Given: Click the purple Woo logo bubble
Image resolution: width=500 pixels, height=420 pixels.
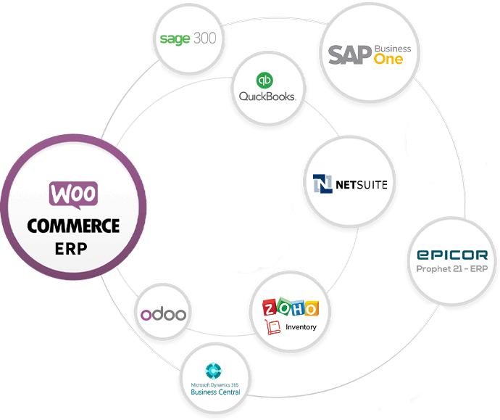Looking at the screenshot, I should pyautogui.click(x=72, y=194).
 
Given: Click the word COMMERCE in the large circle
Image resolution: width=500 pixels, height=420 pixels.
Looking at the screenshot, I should pyautogui.click(x=72, y=226).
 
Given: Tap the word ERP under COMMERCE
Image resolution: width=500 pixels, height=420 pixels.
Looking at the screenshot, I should pyautogui.click(x=71, y=249).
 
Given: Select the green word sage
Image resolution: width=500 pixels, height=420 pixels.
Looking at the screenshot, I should pyautogui.click(x=176, y=38).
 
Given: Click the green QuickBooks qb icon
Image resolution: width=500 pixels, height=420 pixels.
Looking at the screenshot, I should pyautogui.click(x=262, y=80).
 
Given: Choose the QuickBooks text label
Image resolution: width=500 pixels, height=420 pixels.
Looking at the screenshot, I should pyautogui.click(x=262, y=96).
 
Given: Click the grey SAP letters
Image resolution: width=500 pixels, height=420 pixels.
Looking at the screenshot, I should pyautogui.click(x=349, y=55).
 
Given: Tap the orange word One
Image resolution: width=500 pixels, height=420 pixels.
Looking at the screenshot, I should pyautogui.click(x=388, y=59).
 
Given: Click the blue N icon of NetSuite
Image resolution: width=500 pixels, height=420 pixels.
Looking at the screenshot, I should pyautogui.click(x=322, y=184).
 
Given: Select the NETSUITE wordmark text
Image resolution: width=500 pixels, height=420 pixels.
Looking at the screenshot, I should pyautogui.click(x=361, y=185).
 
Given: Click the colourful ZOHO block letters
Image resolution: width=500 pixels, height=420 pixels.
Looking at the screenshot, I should pyautogui.click(x=291, y=308).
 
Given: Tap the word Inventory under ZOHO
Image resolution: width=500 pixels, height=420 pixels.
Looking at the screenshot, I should pyautogui.click(x=301, y=326).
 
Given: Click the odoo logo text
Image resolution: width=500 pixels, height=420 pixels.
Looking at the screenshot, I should pyautogui.click(x=164, y=315).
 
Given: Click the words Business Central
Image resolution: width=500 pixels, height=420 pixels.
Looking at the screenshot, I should pyautogui.click(x=215, y=392).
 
